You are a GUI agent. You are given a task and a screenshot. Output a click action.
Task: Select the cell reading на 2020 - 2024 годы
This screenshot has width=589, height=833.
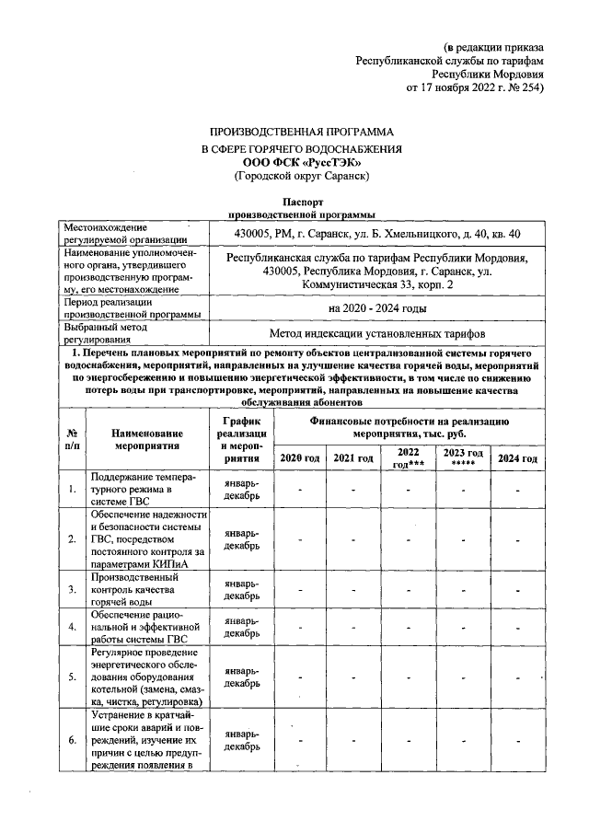[x=377, y=308]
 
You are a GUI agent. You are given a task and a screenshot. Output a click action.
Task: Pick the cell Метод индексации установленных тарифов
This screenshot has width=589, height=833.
[x=377, y=332]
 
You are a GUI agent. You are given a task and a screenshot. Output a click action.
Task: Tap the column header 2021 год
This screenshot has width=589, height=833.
[x=353, y=458]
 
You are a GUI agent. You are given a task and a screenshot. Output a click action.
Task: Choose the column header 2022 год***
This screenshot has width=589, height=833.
[x=408, y=458]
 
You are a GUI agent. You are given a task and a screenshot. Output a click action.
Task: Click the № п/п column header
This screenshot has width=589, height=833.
[x=72, y=438]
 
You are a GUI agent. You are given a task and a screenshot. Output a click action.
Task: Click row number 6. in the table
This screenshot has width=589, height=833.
[x=72, y=739]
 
